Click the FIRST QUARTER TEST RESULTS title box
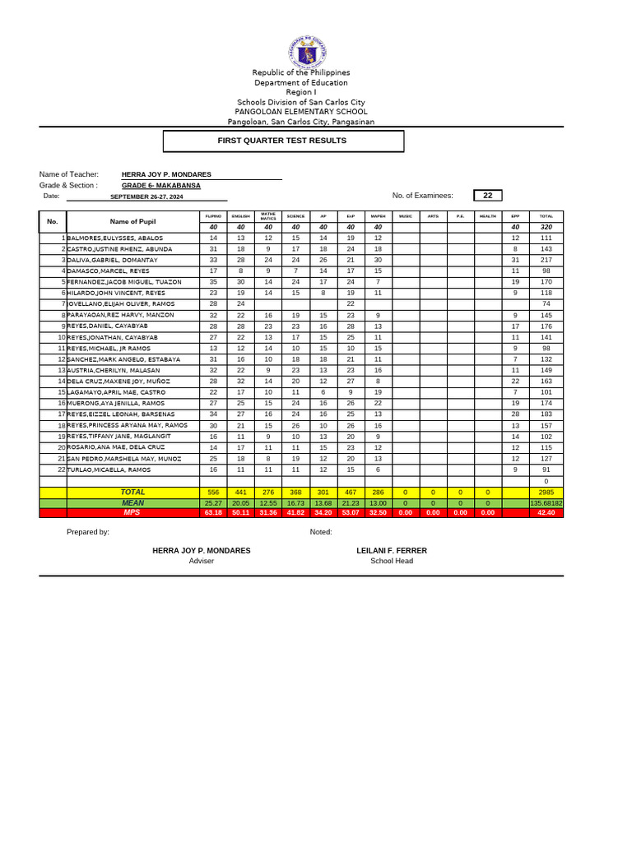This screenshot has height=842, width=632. click(x=283, y=141)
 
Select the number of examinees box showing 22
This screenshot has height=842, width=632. click(x=487, y=195)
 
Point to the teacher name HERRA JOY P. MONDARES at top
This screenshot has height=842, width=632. click(x=166, y=174)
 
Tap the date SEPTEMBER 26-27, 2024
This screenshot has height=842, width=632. click(x=146, y=197)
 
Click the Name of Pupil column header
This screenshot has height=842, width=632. click(x=132, y=221)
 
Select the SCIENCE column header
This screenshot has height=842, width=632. click(x=295, y=215)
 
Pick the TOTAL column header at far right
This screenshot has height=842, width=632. click(x=546, y=215)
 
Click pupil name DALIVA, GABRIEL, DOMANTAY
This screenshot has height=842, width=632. click(x=113, y=260)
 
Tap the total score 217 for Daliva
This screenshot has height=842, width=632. click(x=546, y=260)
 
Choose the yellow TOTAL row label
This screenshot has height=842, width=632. click(x=132, y=492)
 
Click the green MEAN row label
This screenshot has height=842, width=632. click(x=132, y=502)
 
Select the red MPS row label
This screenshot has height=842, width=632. click(x=132, y=512)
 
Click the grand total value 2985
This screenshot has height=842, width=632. click(x=546, y=492)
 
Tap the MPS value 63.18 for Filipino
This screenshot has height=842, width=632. click(x=213, y=512)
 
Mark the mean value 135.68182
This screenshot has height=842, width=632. click(x=546, y=502)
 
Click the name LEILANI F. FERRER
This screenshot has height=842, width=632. click(x=392, y=550)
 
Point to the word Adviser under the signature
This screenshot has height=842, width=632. click(x=202, y=561)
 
